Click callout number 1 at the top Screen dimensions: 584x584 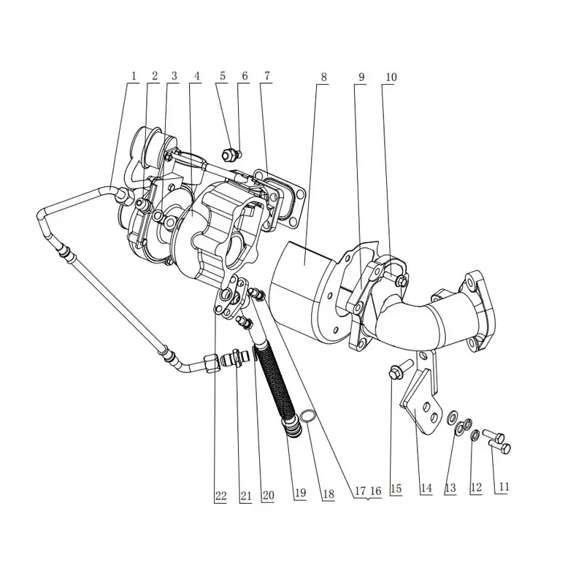(134, 76)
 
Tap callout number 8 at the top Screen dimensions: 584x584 (323, 77)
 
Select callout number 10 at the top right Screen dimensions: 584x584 (391, 77)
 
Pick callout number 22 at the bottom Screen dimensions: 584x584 (220, 496)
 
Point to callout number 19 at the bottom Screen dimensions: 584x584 (300, 493)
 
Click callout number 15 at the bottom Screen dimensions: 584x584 (396, 488)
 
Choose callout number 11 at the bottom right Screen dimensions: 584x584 (503, 486)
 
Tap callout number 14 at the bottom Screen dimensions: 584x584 (426, 488)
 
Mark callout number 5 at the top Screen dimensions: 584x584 (223, 76)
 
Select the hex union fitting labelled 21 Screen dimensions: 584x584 (234, 358)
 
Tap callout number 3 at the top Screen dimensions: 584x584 (174, 76)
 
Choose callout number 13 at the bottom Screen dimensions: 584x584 (450, 488)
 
